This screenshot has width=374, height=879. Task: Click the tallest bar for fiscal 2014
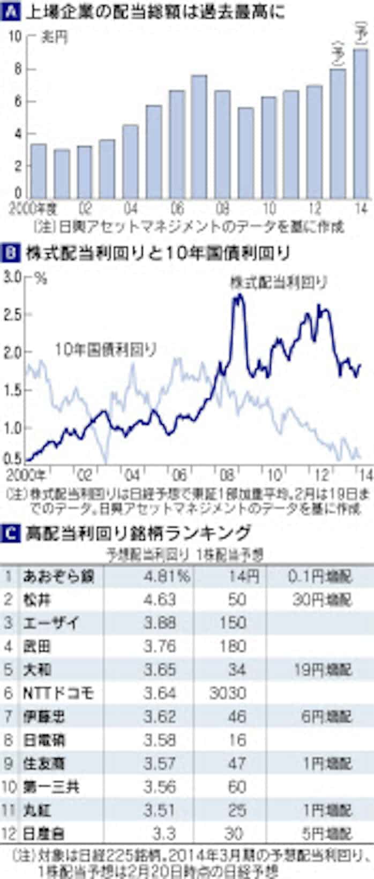pyautogui.click(x=361, y=123)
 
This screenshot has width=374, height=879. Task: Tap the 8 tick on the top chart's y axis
pyautogui.click(x=18, y=70)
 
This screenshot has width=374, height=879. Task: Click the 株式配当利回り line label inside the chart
pyautogui.click(x=279, y=282)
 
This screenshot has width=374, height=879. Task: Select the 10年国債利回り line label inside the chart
pyautogui.click(x=106, y=350)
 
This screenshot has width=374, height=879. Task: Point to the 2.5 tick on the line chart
pyautogui.click(x=14, y=314)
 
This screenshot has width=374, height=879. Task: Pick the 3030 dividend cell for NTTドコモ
pyautogui.click(x=228, y=693)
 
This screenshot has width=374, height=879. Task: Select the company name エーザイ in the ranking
pyautogui.click(x=51, y=623)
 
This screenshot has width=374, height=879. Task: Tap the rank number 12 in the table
pyautogui.click(x=9, y=834)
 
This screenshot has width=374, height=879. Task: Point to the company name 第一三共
pyautogui.click(x=51, y=787)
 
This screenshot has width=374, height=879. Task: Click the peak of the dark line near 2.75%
pyautogui.click(x=238, y=296)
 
